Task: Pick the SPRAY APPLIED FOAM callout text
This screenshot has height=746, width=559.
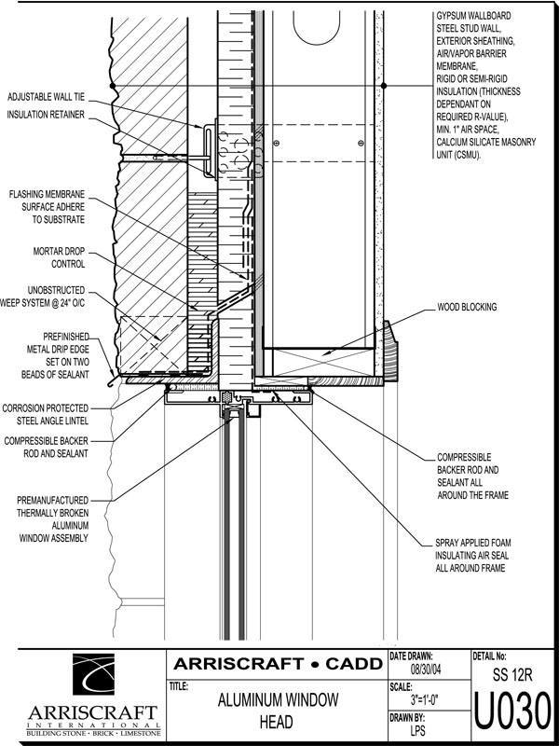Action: tap(472, 555)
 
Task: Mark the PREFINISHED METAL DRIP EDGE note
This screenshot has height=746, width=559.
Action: tap(59, 355)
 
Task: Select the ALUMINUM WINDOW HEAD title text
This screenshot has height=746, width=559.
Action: tap(278, 711)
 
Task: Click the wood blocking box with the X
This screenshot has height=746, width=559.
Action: tap(320, 360)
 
